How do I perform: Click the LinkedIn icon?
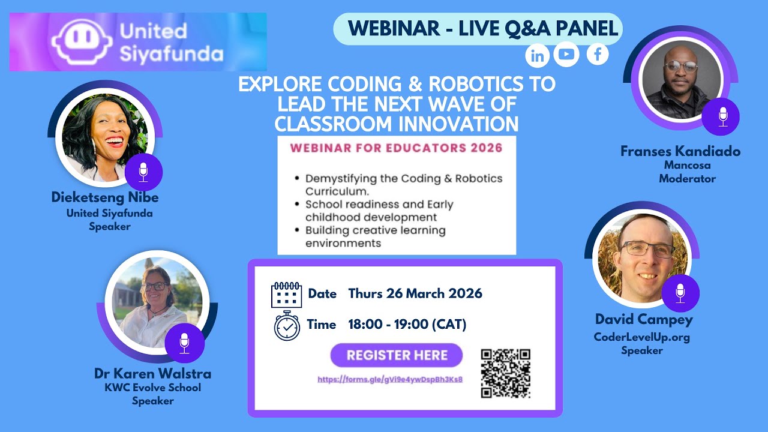point(538,56)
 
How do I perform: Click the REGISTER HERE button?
point(397,355)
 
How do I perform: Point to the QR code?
point(506,373)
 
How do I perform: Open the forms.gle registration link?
point(390,379)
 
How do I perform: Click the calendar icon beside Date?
point(287,295)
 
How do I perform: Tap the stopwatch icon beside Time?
point(287,325)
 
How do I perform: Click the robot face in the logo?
point(82,41)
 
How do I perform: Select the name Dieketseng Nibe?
point(105,197)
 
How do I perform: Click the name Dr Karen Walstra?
point(152,373)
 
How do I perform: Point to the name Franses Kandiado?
point(680,151)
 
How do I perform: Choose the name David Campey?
point(644,319)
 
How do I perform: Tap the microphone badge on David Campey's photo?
point(680,293)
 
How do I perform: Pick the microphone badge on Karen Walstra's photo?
point(185,343)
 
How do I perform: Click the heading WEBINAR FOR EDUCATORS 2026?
point(397,148)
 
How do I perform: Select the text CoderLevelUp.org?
point(641,337)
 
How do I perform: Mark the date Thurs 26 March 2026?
point(415,293)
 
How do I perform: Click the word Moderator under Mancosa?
point(687,178)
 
